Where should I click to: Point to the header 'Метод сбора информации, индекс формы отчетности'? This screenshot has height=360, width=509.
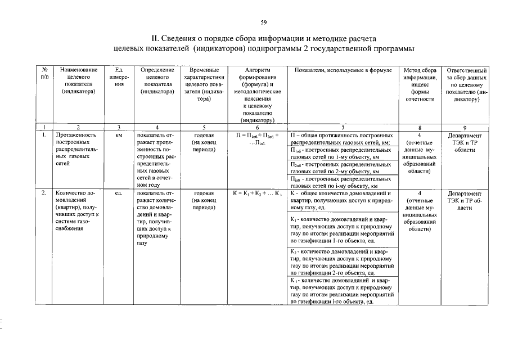[420, 84]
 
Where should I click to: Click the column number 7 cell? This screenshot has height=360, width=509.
[342, 127]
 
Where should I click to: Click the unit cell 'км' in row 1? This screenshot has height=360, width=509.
[119, 136]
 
